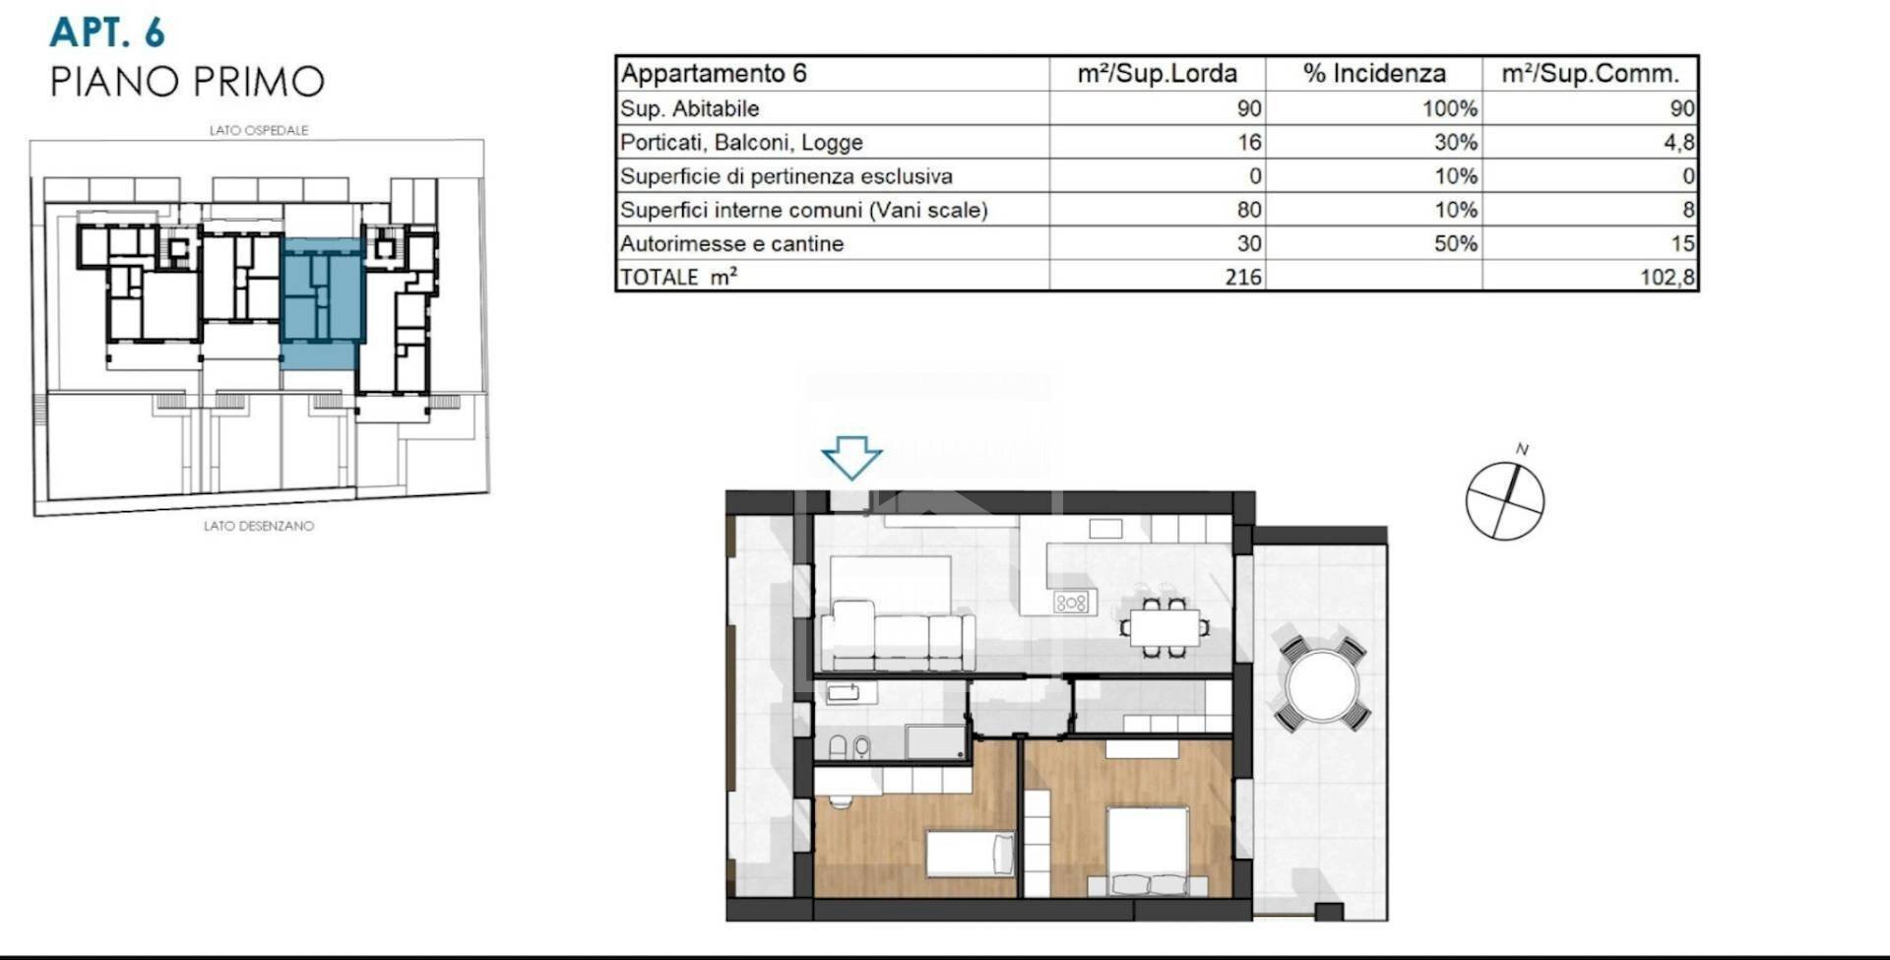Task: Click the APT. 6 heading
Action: click(107, 32)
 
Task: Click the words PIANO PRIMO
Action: click(187, 82)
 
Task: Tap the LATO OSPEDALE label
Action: click(259, 130)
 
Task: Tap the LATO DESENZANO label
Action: click(259, 526)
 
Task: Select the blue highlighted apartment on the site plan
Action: click(322, 300)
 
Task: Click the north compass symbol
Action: click(1504, 500)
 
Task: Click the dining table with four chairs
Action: click(1165, 627)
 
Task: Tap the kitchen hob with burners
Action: click(1071, 602)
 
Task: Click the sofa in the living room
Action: click(896, 637)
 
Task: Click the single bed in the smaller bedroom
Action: click(970, 854)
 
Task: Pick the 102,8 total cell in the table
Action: click(1666, 277)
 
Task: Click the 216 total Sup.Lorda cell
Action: click(1242, 277)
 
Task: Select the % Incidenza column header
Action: click(1373, 74)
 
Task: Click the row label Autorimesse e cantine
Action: click(731, 243)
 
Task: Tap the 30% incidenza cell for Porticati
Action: click(1455, 142)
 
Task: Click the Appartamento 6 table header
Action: click(714, 74)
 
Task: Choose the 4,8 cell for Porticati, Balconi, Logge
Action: click(1678, 142)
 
